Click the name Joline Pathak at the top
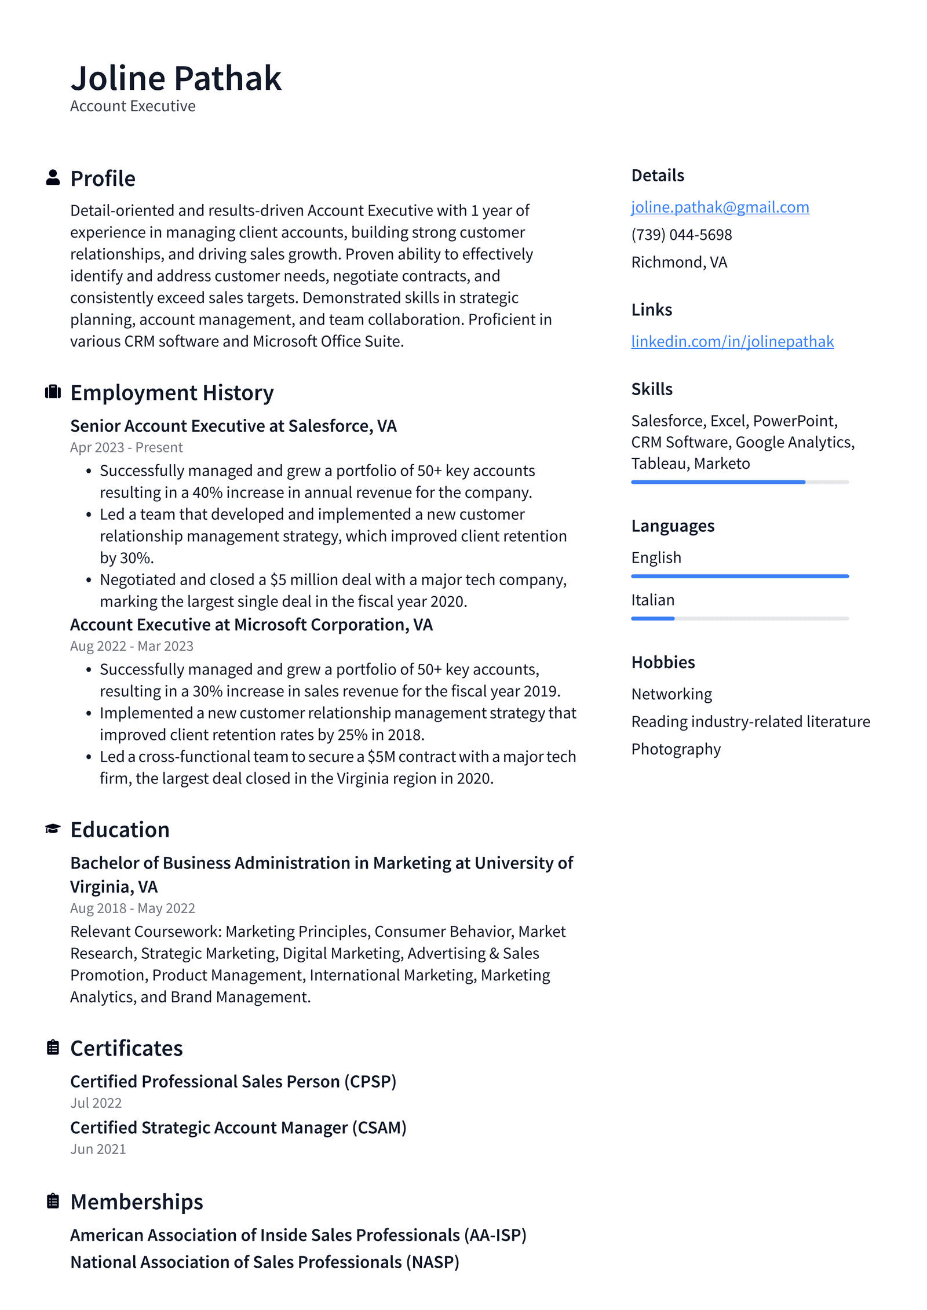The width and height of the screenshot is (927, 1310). (176, 78)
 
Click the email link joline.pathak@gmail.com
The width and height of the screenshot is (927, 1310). (720, 207)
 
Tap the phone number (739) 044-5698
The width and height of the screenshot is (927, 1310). (681, 235)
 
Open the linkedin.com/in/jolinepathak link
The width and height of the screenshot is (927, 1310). (732, 341)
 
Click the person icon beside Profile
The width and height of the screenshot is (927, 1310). (53, 178)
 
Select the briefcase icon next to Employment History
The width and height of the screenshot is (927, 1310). (53, 392)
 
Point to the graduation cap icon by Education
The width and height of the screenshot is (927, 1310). (53, 829)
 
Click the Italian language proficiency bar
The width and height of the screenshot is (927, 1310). (739, 619)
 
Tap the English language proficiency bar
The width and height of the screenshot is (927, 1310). (739, 576)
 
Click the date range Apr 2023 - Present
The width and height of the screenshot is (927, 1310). (126, 448)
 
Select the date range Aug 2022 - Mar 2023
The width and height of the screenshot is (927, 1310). (132, 646)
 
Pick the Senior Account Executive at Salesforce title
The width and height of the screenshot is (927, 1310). (233, 426)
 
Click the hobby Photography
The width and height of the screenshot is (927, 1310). (676, 749)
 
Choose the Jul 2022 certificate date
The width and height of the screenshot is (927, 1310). (96, 1103)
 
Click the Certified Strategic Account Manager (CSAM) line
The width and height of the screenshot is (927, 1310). (238, 1127)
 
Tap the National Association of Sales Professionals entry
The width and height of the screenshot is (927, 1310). (264, 1262)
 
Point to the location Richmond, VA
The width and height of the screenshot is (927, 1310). (679, 262)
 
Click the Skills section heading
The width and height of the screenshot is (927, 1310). (652, 389)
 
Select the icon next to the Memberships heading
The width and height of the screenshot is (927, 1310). (53, 1202)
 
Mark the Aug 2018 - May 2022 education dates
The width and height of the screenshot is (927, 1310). (132, 908)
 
